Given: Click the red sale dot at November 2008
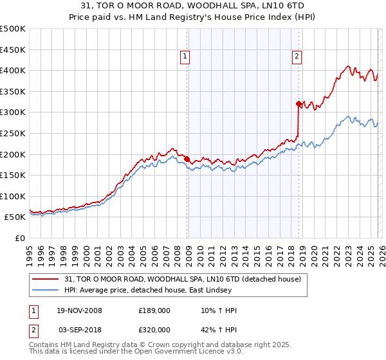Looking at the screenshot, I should coord(187,159).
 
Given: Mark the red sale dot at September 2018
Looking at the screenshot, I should coord(299,104).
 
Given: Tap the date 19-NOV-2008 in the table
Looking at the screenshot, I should coord(80,310).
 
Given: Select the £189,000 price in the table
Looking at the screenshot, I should coord(154,310).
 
